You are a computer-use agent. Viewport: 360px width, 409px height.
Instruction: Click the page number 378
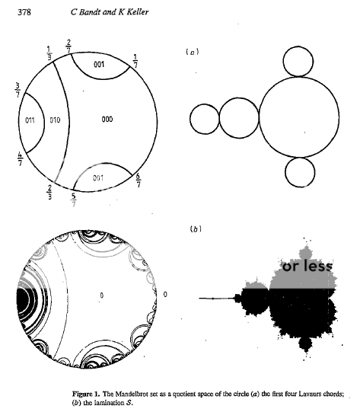pyautogui.click(x=24, y=12)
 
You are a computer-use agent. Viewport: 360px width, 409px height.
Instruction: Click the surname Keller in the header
pyautogui.click(x=138, y=12)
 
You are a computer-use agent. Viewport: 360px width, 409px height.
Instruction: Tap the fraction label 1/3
pyautogui.click(x=49, y=53)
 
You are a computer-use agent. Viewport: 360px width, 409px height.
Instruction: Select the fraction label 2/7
pyautogui.click(x=68, y=46)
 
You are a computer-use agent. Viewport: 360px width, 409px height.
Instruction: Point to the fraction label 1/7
pyautogui.click(x=135, y=61)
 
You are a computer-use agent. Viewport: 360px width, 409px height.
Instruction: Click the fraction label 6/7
pyautogui.click(x=139, y=180)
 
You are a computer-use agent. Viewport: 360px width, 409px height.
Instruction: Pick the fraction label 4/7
pyautogui.click(x=20, y=159)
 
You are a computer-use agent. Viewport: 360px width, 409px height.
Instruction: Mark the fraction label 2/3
pyautogui.click(x=49, y=192)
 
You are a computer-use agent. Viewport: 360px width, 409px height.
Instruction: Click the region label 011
pyautogui.click(x=30, y=120)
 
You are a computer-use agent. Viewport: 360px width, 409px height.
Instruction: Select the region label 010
pyautogui.click(x=55, y=120)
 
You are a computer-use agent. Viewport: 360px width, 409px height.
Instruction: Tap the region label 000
pyautogui.click(x=107, y=120)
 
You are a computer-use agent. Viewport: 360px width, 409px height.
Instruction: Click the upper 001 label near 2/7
pyautogui.click(x=99, y=64)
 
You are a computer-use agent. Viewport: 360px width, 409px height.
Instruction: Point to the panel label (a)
pyautogui.click(x=193, y=52)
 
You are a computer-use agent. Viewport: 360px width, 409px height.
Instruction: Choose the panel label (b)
pyautogui.click(x=196, y=229)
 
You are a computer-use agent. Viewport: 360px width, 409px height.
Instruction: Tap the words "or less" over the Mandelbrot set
pyautogui.click(x=307, y=267)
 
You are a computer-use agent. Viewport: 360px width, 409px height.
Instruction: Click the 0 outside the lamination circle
pyautogui.click(x=165, y=295)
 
